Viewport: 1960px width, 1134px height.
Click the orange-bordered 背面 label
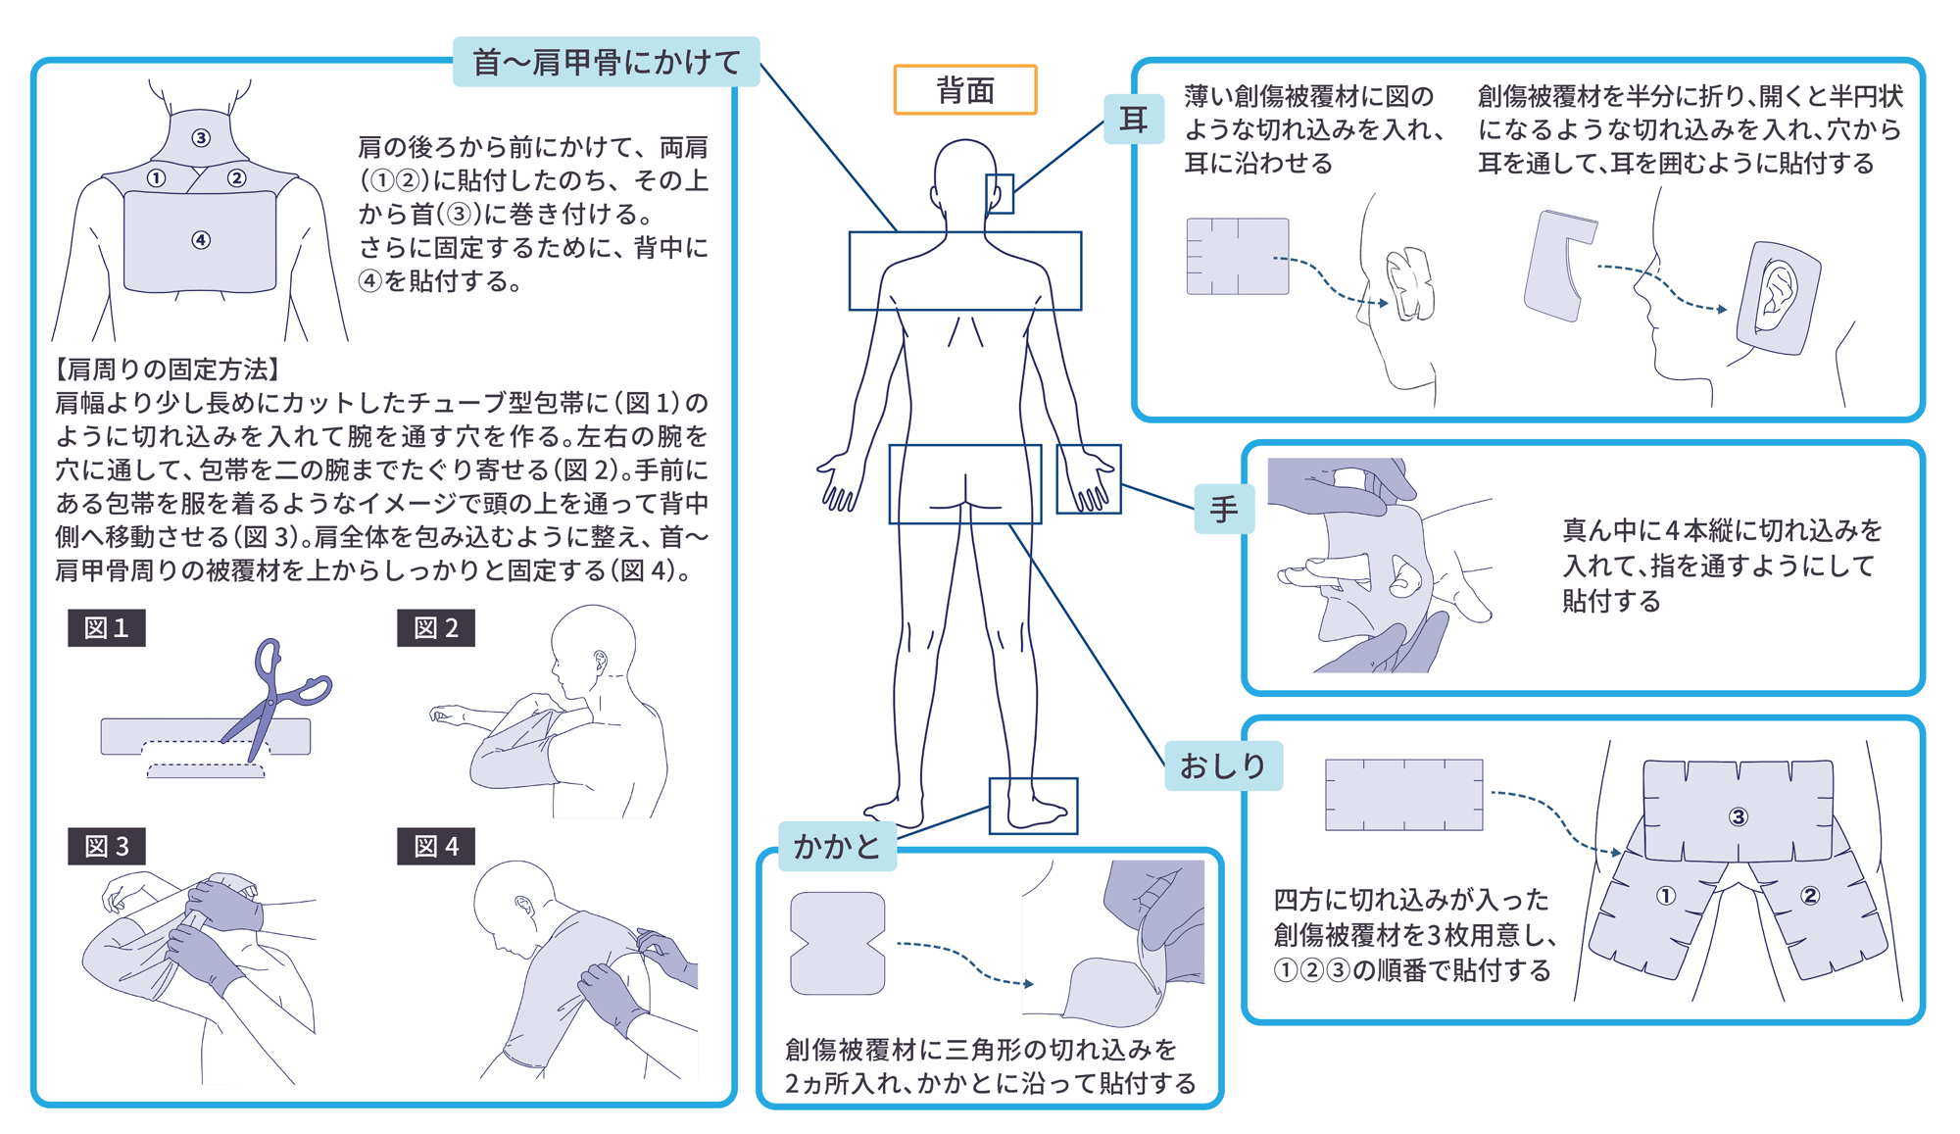click(x=965, y=90)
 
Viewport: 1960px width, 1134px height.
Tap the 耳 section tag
click(x=1134, y=120)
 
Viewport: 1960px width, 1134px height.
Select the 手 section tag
click(x=1224, y=510)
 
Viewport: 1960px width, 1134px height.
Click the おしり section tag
click(x=1223, y=765)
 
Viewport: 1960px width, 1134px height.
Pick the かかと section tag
click(x=837, y=846)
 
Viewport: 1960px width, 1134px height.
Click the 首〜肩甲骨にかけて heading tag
click(x=607, y=62)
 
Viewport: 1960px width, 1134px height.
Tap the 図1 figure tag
click(x=107, y=627)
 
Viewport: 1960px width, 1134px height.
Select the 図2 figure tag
click(x=436, y=627)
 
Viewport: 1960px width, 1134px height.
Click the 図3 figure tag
click(x=107, y=846)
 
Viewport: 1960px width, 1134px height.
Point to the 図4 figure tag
click(x=436, y=846)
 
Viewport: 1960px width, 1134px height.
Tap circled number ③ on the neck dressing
click(x=201, y=138)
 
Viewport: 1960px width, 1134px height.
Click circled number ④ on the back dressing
click(x=201, y=240)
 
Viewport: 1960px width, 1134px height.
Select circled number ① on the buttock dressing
click(x=1666, y=895)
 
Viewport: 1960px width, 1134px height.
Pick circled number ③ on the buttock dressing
click(x=1739, y=816)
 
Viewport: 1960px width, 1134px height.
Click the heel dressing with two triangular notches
click(x=838, y=943)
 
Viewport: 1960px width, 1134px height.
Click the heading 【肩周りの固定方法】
click(x=169, y=370)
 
